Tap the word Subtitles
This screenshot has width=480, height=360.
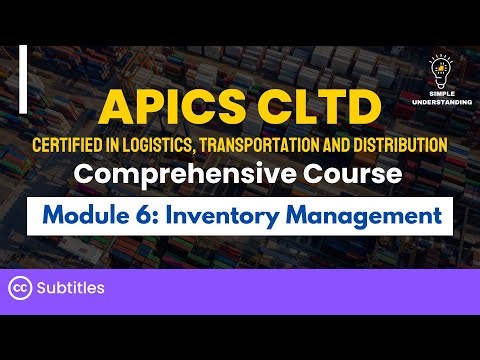(x=71, y=288)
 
